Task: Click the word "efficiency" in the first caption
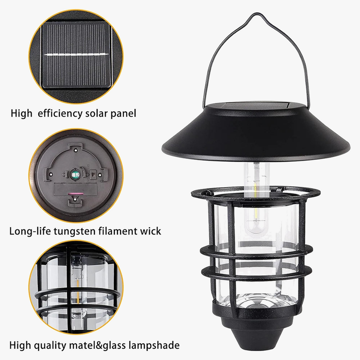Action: point(60,113)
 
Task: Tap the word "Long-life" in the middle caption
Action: point(30,231)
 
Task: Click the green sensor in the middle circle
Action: point(75,175)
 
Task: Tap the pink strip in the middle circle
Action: point(76,193)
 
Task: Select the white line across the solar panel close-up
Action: point(76,54)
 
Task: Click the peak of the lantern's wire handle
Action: point(256,14)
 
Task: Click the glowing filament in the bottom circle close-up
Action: point(78,290)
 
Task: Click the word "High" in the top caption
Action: point(21,113)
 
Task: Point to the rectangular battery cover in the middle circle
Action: point(76,189)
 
